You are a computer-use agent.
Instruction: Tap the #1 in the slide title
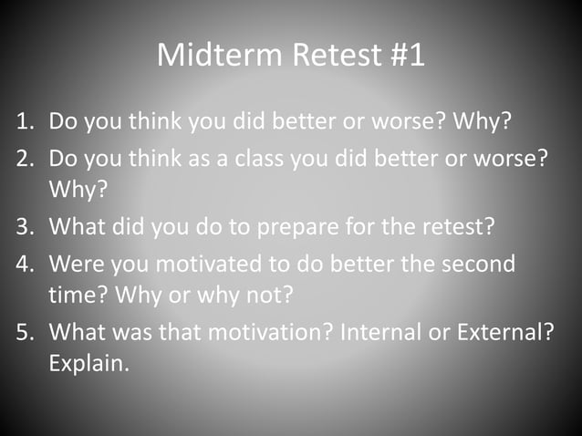point(400,55)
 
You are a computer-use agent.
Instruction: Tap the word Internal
point(377,331)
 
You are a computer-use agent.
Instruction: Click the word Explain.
point(88,364)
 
